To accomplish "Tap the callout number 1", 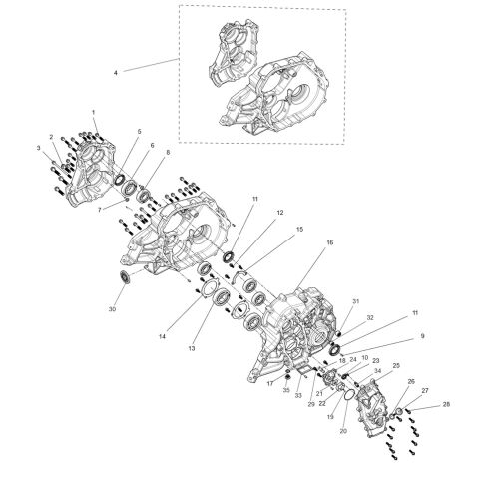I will coord(93,112).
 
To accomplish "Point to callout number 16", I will coord(301,242).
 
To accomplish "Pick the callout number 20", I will coord(343,431).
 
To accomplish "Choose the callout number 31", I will coord(355,302).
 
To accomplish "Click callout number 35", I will coord(286,390).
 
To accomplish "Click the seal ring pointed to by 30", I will coord(126,274).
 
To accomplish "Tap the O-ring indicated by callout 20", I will coord(347,396).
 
